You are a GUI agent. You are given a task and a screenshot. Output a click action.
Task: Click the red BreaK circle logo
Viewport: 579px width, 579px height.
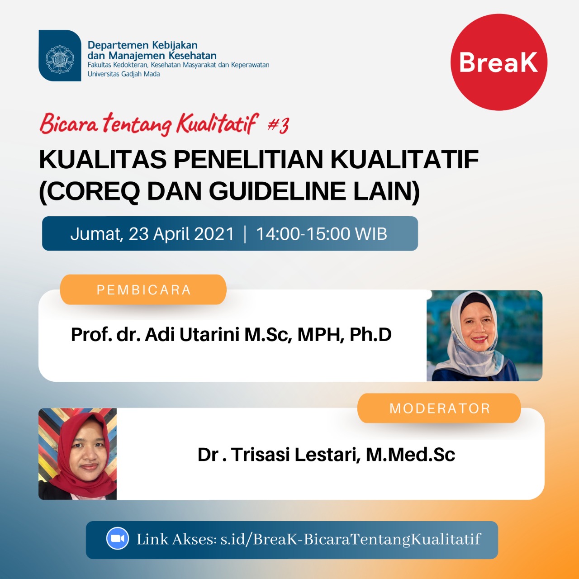point(499,62)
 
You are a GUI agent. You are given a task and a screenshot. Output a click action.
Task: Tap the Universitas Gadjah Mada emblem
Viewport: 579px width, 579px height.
point(60,56)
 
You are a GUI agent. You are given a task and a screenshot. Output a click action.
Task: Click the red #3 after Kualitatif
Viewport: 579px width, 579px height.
point(278,125)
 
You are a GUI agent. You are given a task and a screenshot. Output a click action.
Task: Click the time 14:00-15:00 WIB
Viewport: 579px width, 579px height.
point(322,233)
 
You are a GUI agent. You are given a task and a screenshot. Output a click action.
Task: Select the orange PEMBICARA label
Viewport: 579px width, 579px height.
point(143,289)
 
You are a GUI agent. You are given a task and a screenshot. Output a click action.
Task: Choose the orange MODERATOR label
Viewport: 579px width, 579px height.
point(439,408)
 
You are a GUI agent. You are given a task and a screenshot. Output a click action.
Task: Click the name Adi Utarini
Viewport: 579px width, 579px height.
point(192,334)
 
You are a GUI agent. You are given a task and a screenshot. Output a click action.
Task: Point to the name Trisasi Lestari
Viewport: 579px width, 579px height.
point(296,454)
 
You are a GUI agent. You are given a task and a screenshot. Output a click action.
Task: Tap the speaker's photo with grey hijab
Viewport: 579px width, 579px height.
point(484,336)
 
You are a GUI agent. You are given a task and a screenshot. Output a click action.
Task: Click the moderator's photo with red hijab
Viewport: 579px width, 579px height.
point(77,454)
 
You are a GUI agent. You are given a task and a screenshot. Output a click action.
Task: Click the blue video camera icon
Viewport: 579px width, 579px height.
point(118,538)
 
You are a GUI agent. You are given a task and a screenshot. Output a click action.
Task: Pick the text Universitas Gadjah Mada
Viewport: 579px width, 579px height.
point(123,74)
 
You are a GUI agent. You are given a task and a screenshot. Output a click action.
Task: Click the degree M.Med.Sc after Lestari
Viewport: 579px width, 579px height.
point(410,454)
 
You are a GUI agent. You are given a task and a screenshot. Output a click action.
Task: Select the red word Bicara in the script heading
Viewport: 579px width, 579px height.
point(69,124)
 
